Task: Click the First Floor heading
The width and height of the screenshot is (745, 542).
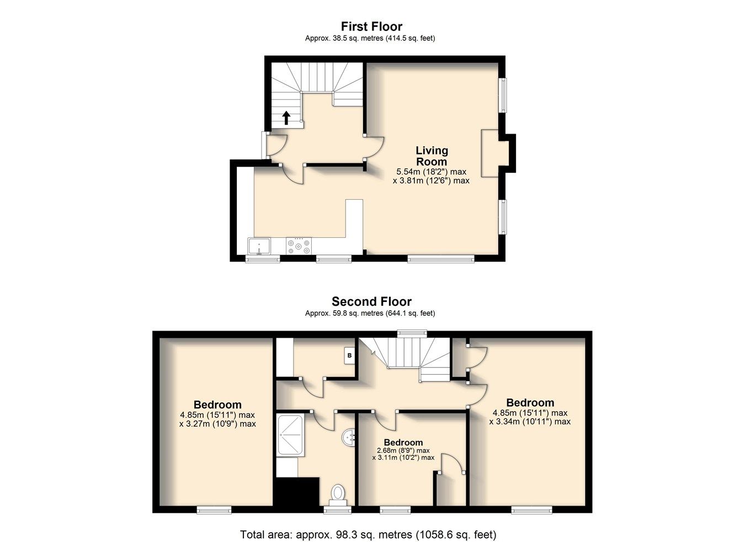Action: click(371, 26)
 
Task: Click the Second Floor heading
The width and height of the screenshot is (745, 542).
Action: click(371, 301)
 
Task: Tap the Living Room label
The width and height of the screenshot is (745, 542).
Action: click(432, 156)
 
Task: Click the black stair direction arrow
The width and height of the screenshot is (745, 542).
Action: click(286, 118)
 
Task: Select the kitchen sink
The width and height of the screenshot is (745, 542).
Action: click(258, 246)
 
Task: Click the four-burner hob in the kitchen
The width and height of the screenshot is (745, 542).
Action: click(299, 246)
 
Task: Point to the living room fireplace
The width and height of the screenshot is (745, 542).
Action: click(490, 153)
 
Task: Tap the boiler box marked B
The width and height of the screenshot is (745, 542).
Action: click(349, 356)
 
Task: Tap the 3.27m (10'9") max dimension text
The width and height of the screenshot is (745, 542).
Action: click(217, 424)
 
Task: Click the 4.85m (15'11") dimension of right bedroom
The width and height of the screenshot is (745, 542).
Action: click(530, 413)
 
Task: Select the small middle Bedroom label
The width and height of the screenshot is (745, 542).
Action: click(403, 443)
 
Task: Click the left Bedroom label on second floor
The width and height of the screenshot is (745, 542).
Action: click(217, 405)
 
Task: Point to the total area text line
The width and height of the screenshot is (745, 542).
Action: click(368, 534)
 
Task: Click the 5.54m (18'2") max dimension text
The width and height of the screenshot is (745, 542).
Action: click(431, 172)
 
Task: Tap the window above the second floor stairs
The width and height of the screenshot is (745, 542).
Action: click(413, 332)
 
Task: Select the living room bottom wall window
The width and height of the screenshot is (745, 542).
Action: click(440, 258)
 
